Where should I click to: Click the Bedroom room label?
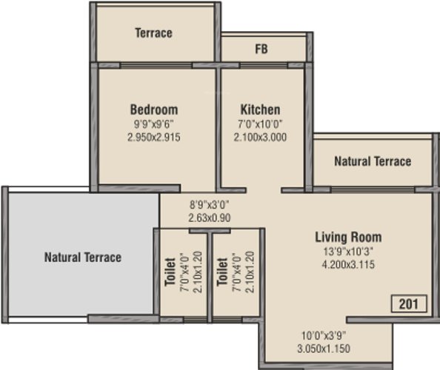154,110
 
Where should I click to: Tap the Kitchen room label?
261,110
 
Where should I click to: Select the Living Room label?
348,237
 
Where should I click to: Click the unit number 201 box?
409,303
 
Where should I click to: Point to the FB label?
261,49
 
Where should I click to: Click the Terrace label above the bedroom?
153,33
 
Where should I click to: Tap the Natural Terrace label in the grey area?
83,258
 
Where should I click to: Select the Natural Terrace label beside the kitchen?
373,161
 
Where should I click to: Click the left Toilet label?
170,272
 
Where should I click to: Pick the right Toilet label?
222,272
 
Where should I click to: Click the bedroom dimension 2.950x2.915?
154,138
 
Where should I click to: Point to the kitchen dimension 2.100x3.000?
260,138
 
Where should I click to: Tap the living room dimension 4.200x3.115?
348,264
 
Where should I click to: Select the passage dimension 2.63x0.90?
210,218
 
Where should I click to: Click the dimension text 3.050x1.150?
324,349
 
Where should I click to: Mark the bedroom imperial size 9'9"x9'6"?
154,124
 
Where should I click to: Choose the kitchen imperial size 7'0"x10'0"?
260,124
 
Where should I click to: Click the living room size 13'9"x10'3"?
348,252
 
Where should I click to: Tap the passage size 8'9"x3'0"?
210,205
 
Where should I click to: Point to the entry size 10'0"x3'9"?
324,335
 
